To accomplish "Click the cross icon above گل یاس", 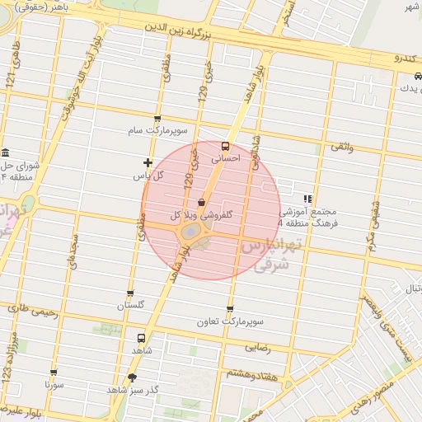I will (x=148, y=163).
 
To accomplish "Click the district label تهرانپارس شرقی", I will (x=273, y=254).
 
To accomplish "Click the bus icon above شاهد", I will (x=140, y=338).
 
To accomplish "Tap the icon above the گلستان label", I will (x=129, y=293).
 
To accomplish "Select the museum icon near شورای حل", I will (x=5, y=152).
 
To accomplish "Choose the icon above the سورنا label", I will (x=54, y=373).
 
